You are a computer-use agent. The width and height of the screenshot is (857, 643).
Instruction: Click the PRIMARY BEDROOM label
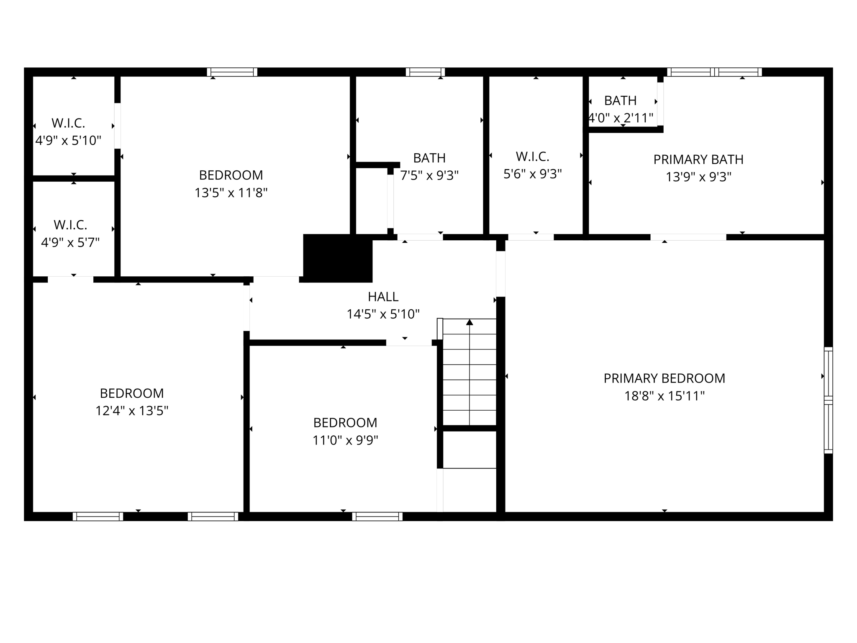[664, 378]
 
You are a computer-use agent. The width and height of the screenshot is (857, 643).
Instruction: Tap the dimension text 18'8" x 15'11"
[664, 396]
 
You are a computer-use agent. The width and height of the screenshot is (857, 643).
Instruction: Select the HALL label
[383, 297]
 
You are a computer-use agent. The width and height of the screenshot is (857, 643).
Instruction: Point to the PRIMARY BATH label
[698, 159]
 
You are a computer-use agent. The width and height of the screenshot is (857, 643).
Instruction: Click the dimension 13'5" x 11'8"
[231, 193]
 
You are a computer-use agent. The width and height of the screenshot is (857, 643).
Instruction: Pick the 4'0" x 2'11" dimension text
[621, 118]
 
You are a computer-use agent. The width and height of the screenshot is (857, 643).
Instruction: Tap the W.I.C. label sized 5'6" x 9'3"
[532, 157]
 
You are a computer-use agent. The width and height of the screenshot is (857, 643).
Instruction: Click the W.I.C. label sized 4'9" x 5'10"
[68, 123]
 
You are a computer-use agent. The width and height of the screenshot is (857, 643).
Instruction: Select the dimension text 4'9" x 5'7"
[70, 242]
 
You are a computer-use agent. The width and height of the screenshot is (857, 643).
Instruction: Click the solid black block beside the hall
[338, 258]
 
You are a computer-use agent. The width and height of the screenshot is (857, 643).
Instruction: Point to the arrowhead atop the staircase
[470, 322]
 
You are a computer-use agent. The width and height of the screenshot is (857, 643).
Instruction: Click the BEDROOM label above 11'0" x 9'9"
[345, 423]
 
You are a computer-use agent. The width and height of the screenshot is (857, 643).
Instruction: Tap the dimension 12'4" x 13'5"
[132, 411]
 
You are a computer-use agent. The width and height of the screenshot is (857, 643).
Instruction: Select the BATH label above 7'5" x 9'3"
[429, 158]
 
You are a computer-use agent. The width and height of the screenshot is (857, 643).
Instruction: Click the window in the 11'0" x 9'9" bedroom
[377, 517]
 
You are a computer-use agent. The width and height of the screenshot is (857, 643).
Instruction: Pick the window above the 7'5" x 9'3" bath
[425, 72]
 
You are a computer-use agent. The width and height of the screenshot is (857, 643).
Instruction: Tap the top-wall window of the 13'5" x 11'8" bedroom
[232, 72]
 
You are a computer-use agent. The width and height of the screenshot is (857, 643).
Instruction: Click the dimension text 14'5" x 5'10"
[383, 314]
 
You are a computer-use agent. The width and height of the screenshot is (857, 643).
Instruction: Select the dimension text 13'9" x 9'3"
[698, 177]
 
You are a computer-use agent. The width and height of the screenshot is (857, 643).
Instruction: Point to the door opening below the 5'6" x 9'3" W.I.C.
[531, 237]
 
